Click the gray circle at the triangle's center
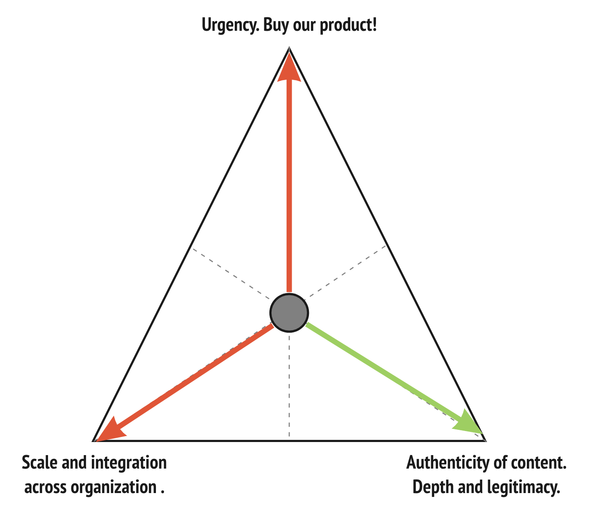tap(289, 313)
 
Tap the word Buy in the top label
tap(274, 26)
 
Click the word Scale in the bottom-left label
tap(40, 463)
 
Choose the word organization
tap(114, 488)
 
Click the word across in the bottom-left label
tap(46, 488)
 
